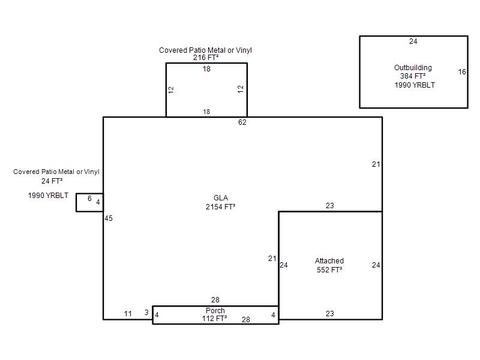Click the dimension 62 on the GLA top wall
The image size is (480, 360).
(242, 122)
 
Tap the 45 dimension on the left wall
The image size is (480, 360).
(109, 218)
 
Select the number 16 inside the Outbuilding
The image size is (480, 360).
(462, 72)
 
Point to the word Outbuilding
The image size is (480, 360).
(413, 68)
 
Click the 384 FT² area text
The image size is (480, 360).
(413, 76)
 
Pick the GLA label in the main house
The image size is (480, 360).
(221, 198)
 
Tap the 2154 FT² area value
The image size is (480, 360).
(220, 206)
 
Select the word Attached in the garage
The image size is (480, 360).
(329, 261)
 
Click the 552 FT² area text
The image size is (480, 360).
(329, 269)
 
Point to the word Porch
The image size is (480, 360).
(215, 310)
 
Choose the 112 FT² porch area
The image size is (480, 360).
(214, 319)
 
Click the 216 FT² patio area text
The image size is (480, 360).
(206, 58)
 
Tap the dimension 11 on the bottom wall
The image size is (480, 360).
(128, 314)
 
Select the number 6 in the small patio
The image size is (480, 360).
(89, 199)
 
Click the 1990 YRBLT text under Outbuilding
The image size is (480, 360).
(415, 85)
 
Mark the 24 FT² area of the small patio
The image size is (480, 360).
(52, 181)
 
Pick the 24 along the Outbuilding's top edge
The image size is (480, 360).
(413, 41)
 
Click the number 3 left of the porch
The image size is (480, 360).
(146, 312)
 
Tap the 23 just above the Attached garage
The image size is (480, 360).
(329, 206)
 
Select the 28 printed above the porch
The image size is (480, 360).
(215, 299)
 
